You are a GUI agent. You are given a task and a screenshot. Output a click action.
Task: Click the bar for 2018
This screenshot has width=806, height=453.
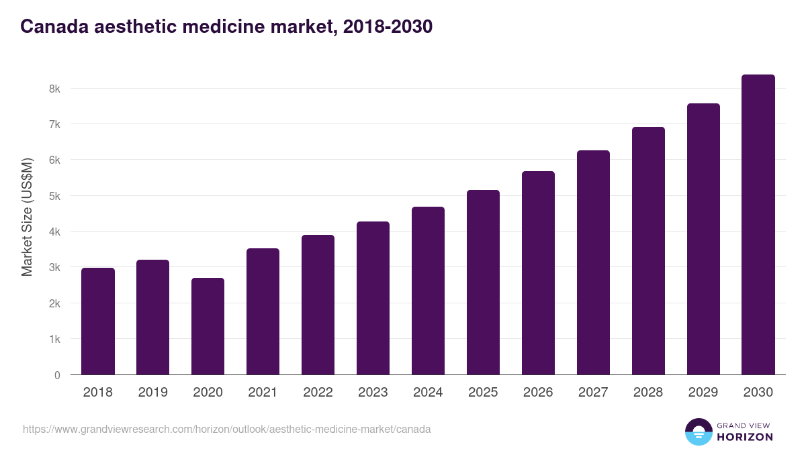98,321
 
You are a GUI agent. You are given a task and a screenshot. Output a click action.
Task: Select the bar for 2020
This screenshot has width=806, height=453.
208,326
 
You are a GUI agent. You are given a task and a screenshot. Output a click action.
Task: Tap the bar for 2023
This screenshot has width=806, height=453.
373,298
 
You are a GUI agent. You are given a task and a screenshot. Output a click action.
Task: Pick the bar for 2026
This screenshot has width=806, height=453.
539,273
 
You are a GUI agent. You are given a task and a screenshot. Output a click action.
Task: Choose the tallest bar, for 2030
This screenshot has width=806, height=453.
758,225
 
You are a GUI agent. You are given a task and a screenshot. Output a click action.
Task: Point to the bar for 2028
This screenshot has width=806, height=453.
648,251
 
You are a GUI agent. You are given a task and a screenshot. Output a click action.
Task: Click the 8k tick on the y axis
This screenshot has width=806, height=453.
54,89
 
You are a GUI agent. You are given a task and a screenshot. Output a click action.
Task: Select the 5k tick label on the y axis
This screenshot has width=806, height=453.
54,196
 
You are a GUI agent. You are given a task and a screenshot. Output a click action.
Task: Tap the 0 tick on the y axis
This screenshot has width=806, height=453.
57,375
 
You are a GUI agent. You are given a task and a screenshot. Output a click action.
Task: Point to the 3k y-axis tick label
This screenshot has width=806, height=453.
54,268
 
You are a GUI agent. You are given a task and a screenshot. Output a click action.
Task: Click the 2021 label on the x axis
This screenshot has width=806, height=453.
263,393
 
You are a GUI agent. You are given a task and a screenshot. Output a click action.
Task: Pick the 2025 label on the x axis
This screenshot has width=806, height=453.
483,393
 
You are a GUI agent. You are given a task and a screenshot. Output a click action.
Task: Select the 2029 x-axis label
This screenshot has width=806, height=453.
703,393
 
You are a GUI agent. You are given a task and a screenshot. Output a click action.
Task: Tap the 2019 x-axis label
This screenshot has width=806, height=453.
152,393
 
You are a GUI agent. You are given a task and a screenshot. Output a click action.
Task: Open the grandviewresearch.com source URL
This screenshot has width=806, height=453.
227,429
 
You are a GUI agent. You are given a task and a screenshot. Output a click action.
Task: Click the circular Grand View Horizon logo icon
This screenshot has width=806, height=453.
699,432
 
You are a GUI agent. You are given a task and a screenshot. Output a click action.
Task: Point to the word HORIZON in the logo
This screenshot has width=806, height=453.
745,437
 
